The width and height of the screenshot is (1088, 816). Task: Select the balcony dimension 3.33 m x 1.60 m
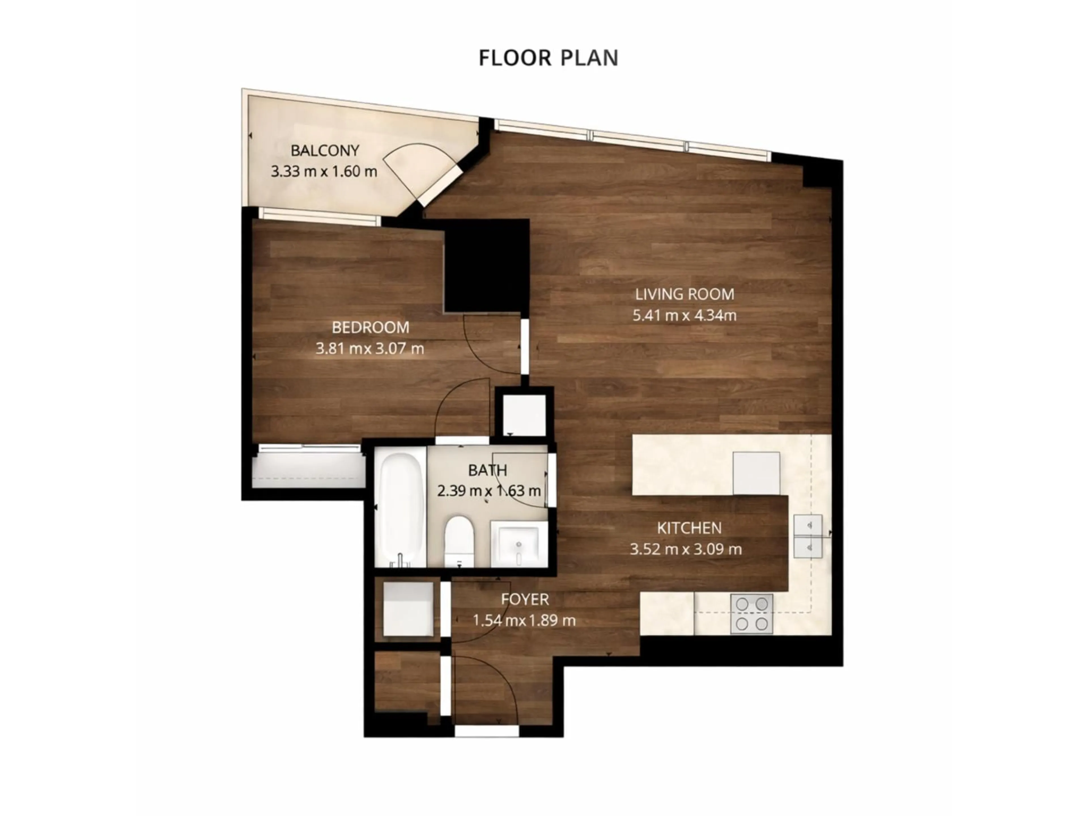click(x=324, y=171)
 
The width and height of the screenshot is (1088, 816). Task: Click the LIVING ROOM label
click(x=684, y=294)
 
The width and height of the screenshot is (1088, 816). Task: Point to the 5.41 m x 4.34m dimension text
click(x=684, y=315)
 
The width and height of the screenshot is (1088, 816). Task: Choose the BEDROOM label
click(x=370, y=327)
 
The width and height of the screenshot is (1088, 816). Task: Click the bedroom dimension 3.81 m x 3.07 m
click(x=369, y=349)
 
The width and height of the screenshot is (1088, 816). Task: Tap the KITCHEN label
click(x=689, y=528)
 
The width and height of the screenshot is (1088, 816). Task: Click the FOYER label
click(x=525, y=599)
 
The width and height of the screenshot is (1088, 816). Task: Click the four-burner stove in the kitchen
click(x=752, y=614)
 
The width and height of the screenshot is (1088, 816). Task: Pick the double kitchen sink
click(x=807, y=536)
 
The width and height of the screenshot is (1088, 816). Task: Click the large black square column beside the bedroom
click(x=486, y=265)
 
